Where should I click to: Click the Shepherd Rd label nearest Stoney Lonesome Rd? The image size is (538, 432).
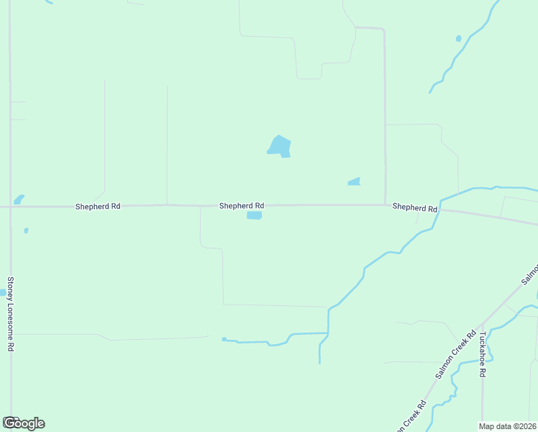pyautogui.click(x=98, y=207)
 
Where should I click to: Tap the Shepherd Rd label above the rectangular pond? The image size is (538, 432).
pyautogui.click(x=242, y=206)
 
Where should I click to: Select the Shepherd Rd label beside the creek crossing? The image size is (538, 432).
pyautogui.click(x=415, y=207)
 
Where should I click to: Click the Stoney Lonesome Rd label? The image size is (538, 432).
pyautogui.click(x=11, y=314)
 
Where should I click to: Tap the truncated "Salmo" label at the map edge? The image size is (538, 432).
pyautogui.click(x=529, y=275)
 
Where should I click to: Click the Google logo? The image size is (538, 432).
pyautogui.click(x=24, y=423)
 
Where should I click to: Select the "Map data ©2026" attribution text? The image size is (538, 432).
pyautogui.click(x=508, y=426)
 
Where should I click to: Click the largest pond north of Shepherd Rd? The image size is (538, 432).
pyautogui.click(x=279, y=145)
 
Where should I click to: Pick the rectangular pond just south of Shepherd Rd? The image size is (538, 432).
pyautogui.click(x=254, y=215)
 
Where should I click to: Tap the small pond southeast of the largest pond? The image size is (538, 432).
pyautogui.click(x=354, y=182)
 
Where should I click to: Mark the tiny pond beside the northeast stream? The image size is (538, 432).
pyautogui.click(x=458, y=38)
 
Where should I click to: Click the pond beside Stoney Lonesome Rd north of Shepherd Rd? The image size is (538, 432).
pyautogui.click(x=19, y=199)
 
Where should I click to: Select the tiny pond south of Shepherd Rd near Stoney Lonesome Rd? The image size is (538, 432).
pyautogui.click(x=26, y=230)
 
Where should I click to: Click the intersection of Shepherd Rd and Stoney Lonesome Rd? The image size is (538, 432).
pyautogui.click(x=10, y=207)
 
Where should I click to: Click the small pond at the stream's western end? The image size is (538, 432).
pyautogui.click(x=224, y=339)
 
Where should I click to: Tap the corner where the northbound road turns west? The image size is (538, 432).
pyautogui.click(x=383, y=30)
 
